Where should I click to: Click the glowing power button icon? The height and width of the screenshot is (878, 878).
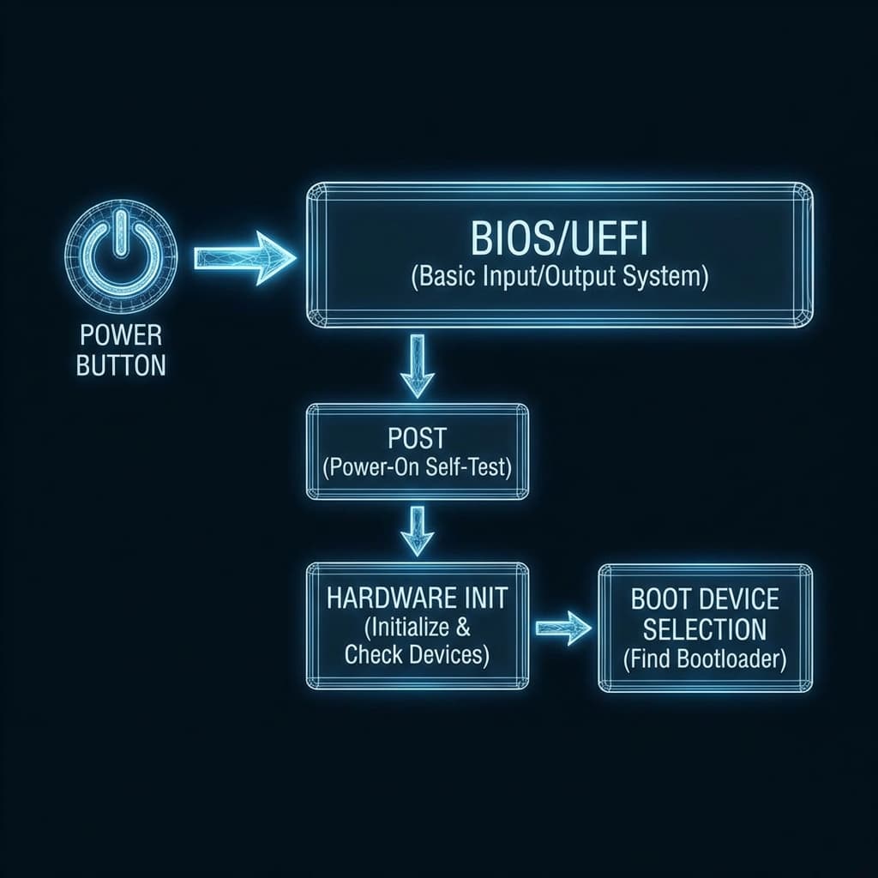click(121, 254)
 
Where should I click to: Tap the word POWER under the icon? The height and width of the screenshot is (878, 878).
click(121, 334)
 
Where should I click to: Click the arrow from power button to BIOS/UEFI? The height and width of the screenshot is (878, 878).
click(244, 257)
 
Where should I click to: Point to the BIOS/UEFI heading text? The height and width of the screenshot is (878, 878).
click(559, 240)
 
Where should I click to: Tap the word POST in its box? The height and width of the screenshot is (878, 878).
click(418, 438)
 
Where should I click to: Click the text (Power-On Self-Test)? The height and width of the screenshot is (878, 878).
click(418, 468)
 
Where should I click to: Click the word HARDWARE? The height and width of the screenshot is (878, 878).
click(385, 598)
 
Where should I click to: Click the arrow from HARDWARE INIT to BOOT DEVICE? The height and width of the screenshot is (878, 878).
click(563, 628)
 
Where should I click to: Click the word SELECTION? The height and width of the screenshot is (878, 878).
click(705, 629)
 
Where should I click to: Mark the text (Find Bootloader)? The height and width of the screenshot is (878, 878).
click(705, 659)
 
